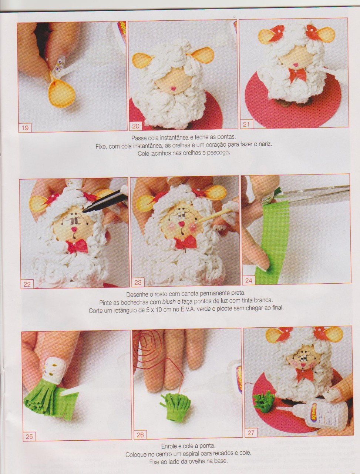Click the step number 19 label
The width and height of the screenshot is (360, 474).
click(x=25, y=128)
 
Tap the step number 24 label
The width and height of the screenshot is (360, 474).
click(x=248, y=281)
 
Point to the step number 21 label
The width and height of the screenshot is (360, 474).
click(x=246, y=124)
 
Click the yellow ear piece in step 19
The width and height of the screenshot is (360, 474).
click(x=61, y=90)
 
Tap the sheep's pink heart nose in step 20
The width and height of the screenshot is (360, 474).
click(x=173, y=89)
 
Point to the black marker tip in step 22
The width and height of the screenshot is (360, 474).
click(x=85, y=209)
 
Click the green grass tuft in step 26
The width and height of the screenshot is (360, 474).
click(x=175, y=404)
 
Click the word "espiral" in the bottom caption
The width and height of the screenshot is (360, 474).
click(x=192, y=453)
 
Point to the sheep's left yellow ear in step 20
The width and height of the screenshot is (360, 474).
click(x=141, y=60)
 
